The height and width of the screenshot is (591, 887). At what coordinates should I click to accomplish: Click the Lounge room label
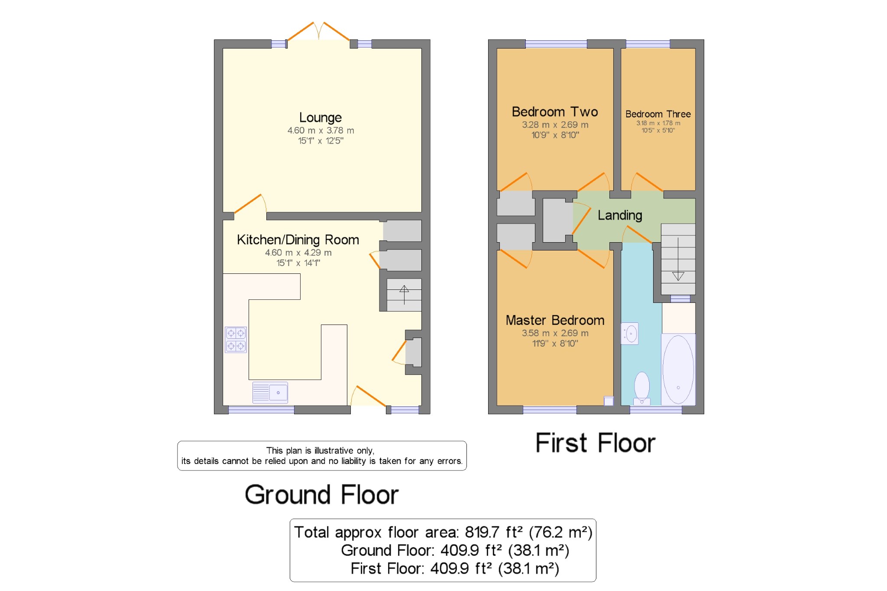click(320, 117)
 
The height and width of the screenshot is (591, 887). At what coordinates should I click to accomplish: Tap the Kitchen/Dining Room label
click(298, 240)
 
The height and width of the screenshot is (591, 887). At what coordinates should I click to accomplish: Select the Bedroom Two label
click(555, 112)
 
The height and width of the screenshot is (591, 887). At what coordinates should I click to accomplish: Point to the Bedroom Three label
click(658, 114)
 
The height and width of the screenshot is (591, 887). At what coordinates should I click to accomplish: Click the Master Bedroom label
click(555, 320)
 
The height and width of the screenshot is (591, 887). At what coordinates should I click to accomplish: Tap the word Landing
click(620, 215)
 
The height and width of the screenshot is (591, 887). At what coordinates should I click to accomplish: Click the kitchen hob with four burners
click(236, 340)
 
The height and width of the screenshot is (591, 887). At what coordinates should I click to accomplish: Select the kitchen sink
click(270, 393)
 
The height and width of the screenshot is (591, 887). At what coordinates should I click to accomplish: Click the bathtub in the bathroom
click(678, 370)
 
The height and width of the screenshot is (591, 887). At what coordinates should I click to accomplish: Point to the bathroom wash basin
click(630, 334)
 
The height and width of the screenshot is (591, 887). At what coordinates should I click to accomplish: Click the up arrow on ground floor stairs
click(404, 295)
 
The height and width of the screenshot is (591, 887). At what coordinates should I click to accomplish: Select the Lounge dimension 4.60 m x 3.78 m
click(320, 130)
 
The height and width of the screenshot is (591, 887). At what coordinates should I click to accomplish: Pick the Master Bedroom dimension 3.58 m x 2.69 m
click(555, 333)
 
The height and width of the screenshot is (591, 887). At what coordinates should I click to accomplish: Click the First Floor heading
click(596, 443)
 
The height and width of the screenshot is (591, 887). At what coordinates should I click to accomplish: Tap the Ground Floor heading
click(321, 494)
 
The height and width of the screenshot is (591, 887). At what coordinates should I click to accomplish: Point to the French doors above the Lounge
click(319, 31)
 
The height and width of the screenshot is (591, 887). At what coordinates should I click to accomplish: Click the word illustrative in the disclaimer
click(334, 451)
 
